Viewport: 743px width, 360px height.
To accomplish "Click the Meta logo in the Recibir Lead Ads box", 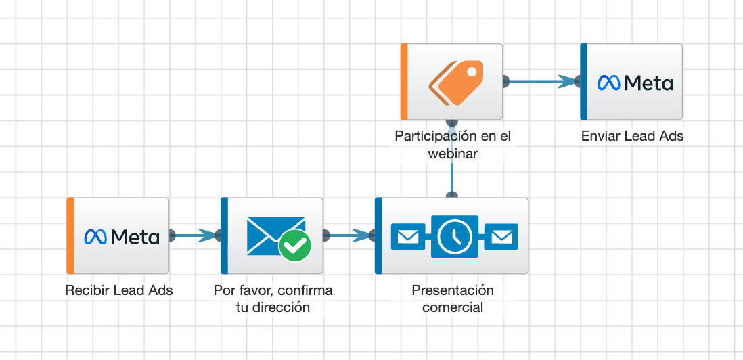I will click(122, 236).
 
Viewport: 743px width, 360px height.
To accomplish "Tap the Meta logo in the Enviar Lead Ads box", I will click(635, 83).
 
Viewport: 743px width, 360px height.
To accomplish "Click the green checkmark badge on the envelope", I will click(295, 245).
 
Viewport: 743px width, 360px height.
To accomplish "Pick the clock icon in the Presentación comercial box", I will click(455, 236).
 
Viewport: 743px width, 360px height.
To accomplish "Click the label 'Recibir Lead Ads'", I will click(119, 291).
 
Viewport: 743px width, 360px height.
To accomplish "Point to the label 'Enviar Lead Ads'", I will click(632, 136).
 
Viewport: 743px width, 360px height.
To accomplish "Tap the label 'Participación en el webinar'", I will click(453, 145).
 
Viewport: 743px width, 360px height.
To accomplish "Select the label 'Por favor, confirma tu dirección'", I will click(273, 298).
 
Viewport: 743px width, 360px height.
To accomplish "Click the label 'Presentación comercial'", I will click(453, 298).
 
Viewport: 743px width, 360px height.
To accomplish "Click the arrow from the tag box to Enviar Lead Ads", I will click(541, 82).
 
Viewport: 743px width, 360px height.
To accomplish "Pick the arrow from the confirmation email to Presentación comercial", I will click(349, 235).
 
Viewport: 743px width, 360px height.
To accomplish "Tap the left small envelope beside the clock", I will click(408, 236).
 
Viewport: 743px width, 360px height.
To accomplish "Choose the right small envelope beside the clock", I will click(501, 236).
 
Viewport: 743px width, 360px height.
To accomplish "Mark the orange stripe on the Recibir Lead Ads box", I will click(70, 235).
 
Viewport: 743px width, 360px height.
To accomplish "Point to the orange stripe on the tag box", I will click(404, 82).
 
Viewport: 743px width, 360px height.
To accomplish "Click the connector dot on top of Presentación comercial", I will click(452, 196).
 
